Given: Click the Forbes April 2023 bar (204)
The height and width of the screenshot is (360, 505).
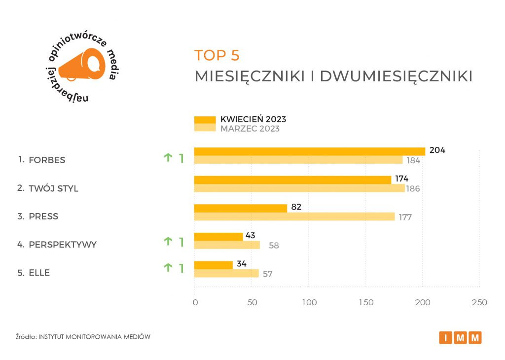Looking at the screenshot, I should pos(309,151).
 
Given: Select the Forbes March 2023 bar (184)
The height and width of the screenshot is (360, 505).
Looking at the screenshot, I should pos(298,160).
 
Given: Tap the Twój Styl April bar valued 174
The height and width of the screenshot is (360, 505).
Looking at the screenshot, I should pos(292,180).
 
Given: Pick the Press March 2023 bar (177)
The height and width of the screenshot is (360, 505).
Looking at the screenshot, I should pos(294,216).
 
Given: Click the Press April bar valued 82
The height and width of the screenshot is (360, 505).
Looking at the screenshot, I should pos(240,208).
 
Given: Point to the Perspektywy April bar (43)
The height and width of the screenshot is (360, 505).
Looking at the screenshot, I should pos(218,237).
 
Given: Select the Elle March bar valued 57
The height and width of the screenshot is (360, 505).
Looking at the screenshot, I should pos(226,273).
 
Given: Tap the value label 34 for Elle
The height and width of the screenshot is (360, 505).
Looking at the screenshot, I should pos(242,264).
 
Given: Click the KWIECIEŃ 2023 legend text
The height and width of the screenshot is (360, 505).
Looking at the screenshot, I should pos(253,119).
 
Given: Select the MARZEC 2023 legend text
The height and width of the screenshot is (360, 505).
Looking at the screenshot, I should pos(250,129).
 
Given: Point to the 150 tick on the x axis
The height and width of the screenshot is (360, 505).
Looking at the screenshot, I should pos(365,302).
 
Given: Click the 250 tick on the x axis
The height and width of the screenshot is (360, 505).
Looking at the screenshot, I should pos(479,302).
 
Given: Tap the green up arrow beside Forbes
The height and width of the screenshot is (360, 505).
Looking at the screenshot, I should pos(168,158).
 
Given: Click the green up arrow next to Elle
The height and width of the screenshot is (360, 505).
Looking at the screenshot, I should pos(168,268).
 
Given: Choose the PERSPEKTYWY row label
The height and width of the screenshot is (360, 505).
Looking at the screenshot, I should pos(63,245).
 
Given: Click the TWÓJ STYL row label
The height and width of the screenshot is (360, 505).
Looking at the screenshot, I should pos(53,188).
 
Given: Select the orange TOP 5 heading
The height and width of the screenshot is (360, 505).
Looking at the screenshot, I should pos(217,55).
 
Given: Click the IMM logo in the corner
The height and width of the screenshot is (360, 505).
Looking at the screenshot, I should pos(460,338).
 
